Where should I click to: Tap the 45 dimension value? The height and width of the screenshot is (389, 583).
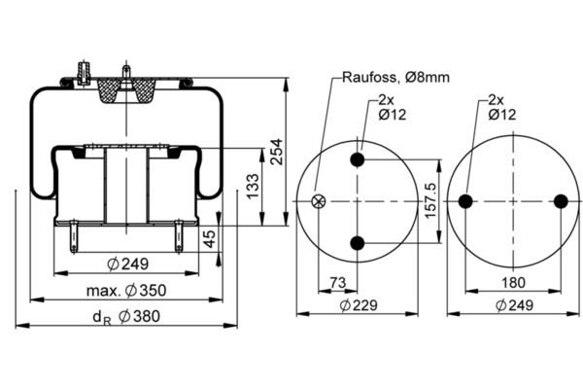click(210, 239)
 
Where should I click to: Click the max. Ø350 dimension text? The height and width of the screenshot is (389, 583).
click(127, 289)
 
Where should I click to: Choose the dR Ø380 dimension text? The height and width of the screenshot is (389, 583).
click(126, 315)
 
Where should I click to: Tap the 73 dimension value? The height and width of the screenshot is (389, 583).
click(336, 283)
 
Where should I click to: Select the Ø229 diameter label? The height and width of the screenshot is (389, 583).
click(359, 304)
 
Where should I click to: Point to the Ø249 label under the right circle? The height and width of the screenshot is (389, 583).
click(513, 304)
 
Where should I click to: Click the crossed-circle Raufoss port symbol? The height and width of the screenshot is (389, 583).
click(317, 201)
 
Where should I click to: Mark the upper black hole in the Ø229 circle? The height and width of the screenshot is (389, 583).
click(359, 160)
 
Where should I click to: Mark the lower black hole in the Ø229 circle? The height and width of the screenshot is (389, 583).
click(359, 242)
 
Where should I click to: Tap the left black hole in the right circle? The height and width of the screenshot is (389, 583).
click(465, 201)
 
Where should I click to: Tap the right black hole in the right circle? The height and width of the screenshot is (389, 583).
click(561, 201)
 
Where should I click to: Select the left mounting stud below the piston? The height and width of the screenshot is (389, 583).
click(75, 235)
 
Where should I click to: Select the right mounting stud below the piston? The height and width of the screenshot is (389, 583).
click(179, 235)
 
